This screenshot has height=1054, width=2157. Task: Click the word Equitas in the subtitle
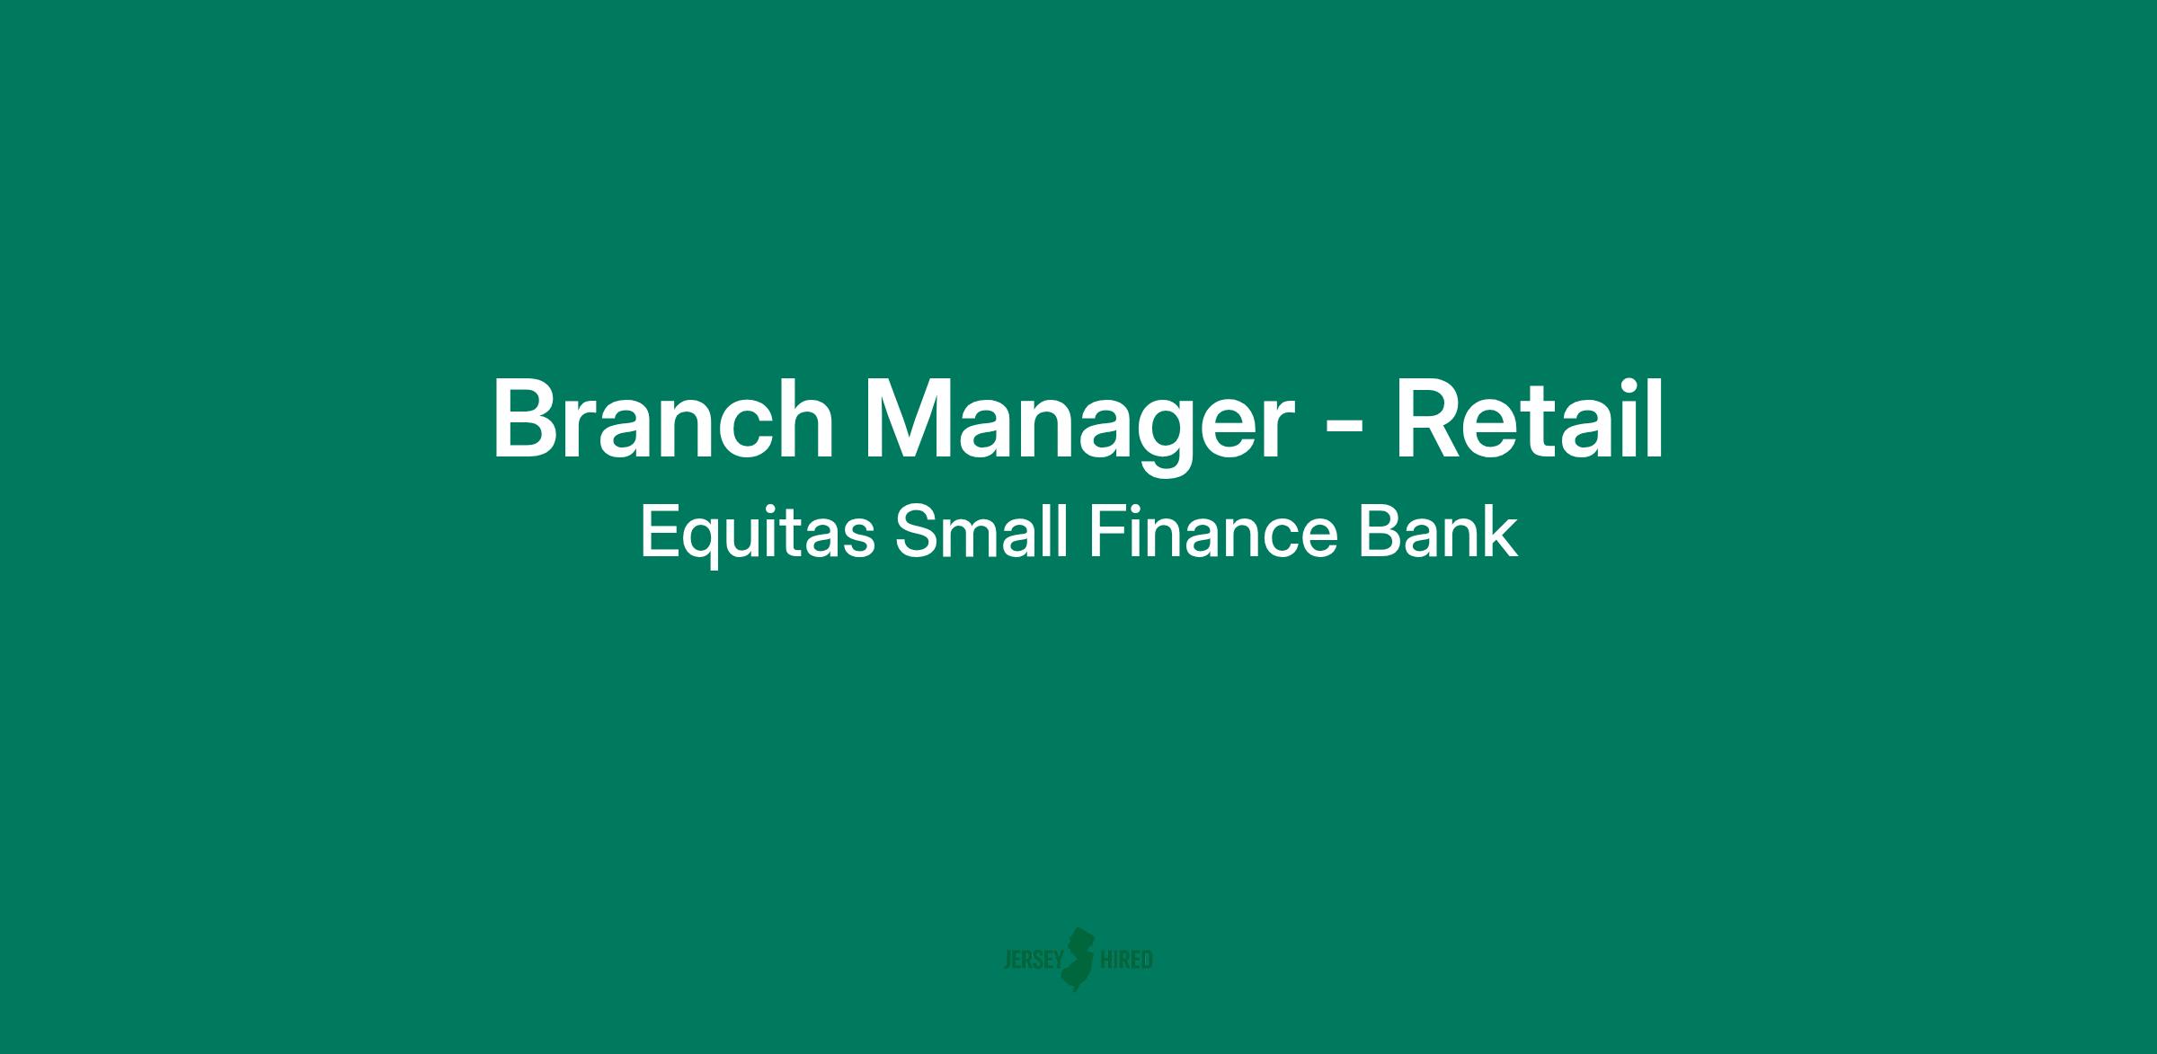[757, 533]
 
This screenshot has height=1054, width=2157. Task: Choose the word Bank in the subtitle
[1437, 531]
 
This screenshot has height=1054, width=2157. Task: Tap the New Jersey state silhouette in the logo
[1080, 959]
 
